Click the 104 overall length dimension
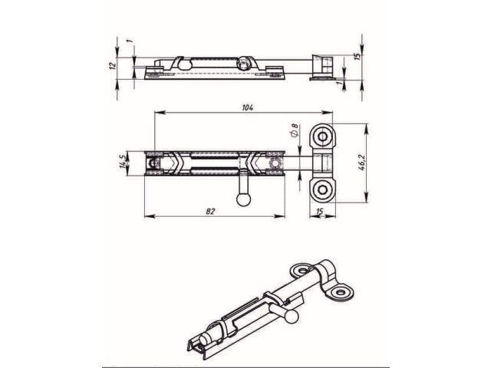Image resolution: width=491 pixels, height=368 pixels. click(246, 108)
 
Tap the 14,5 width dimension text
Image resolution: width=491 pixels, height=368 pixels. click(122, 163)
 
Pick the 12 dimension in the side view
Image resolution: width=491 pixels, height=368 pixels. click(113, 66)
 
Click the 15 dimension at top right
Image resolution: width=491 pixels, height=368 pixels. click(358, 57)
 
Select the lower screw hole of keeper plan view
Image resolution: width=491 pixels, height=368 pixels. click(322, 189)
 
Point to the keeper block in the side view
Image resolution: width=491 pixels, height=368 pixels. click(321, 66)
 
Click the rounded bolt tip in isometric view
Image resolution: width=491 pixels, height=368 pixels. click(203, 340)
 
